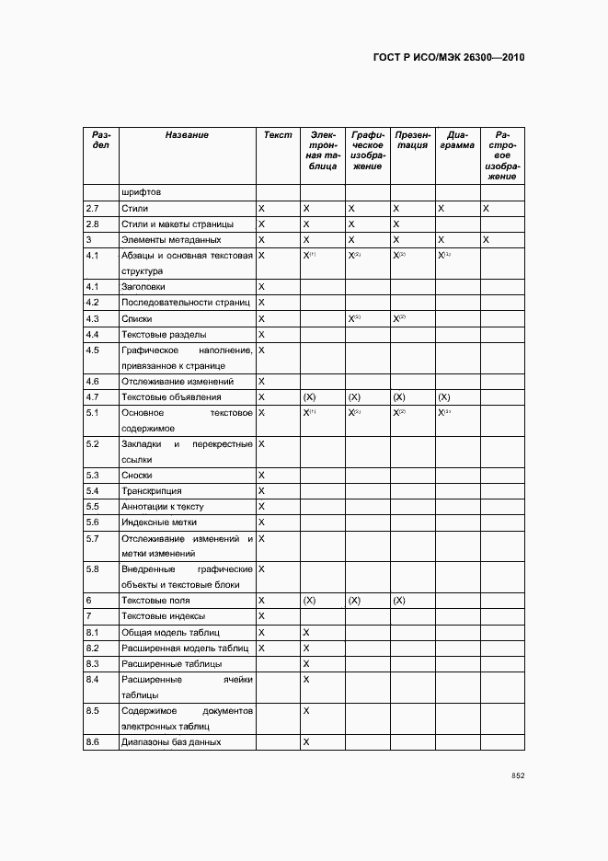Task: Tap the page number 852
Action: pos(518,775)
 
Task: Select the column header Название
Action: pos(187,135)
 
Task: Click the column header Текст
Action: pos(278,135)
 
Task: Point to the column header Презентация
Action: pos(412,140)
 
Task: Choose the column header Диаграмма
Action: pos(457,140)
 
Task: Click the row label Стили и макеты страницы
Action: pos(178,224)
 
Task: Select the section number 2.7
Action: pos(92,209)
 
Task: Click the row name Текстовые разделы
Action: pos(164,334)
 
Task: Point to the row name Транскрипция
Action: pos(152,491)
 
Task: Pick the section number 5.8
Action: pos(92,569)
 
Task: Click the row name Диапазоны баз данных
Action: pos(171,741)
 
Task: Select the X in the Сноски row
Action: pos(262,475)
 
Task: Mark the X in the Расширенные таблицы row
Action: pos(306,663)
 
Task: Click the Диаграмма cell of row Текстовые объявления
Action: pos(444,397)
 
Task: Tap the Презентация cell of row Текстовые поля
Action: pos(399,601)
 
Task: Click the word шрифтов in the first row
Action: pos(142,193)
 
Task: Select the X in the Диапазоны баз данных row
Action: pos(306,741)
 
